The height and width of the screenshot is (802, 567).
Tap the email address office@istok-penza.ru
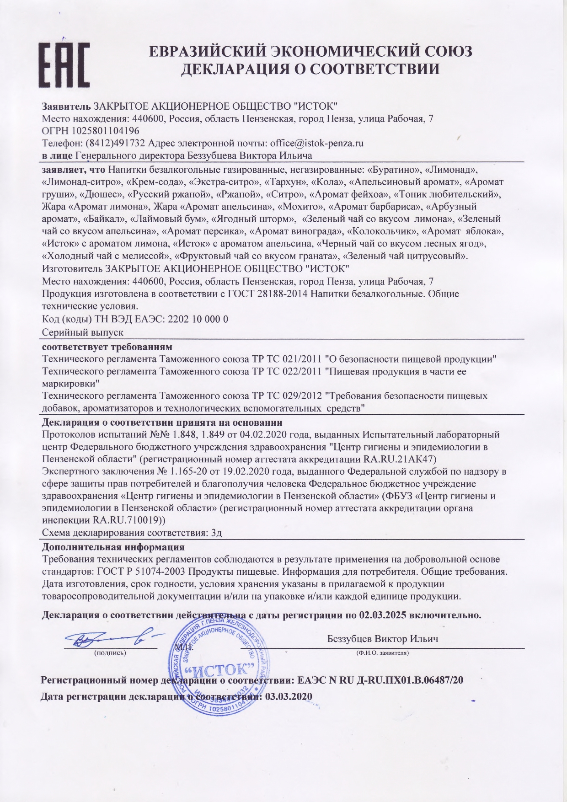click(x=316, y=143)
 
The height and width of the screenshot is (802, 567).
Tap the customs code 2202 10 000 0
click(x=198, y=319)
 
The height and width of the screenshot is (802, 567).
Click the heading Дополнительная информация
click(x=113, y=547)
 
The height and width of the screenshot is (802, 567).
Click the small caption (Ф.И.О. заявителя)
click(x=382, y=653)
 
